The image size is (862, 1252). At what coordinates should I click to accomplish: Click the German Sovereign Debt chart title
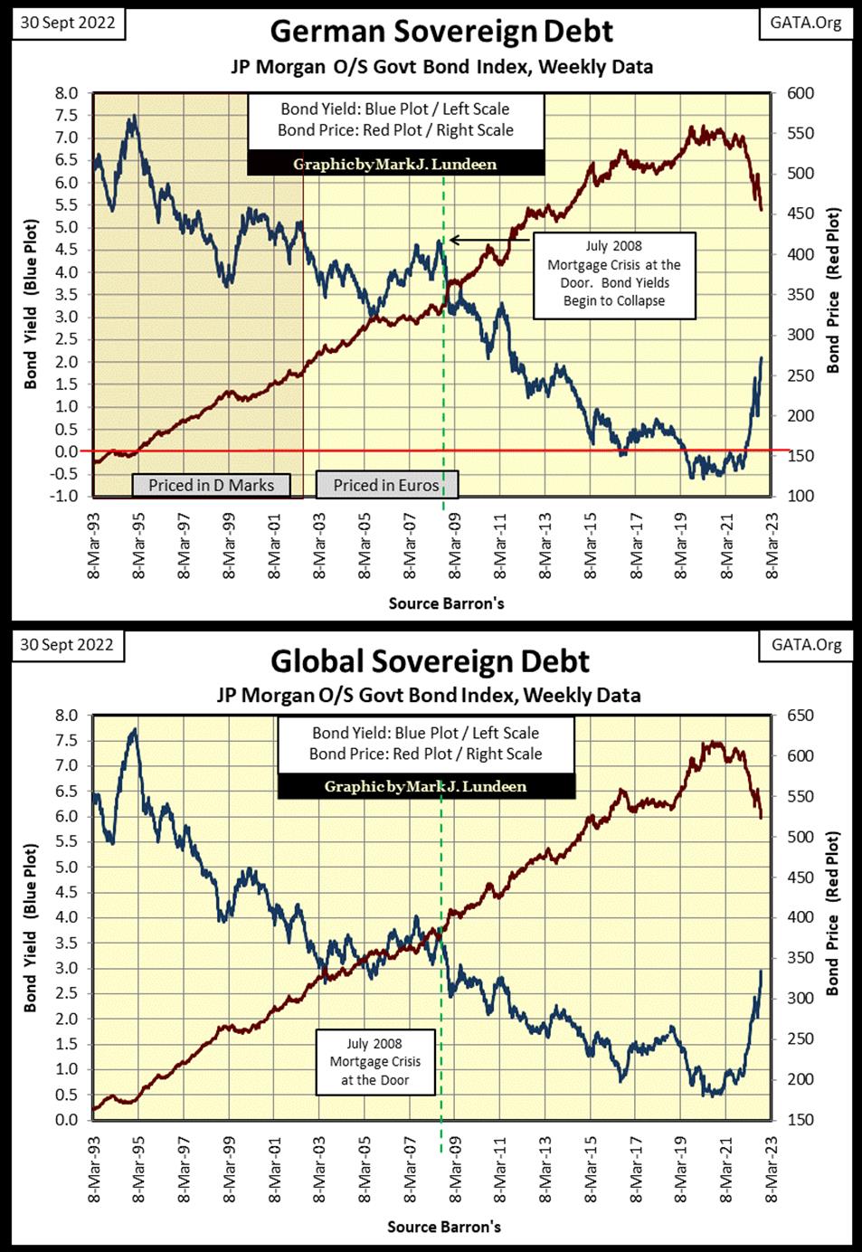tap(441, 32)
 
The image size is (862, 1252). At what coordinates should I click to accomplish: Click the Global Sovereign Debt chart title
tap(430, 661)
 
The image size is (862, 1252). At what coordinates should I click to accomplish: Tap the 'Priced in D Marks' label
tap(211, 485)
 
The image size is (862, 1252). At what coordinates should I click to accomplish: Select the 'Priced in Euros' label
tap(386, 485)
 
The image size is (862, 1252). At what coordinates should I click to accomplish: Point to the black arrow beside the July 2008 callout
tap(489, 240)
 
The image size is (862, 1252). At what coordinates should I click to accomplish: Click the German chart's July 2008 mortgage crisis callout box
tap(614, 274)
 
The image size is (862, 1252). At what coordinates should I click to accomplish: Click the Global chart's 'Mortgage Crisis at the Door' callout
tap(374, 1061)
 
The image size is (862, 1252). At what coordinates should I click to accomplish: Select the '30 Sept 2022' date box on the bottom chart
tap(67, 644)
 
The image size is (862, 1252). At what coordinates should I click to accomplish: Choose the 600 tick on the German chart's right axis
tap(800, 93)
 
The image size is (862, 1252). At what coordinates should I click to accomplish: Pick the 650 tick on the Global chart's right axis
tap(800, 716)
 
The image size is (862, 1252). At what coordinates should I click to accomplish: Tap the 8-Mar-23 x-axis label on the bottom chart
tap(772, 1167)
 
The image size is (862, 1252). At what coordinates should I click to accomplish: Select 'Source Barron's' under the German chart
tap(446, 602)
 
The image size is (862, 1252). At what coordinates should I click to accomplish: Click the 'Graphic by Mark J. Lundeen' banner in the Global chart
tap(425, 786)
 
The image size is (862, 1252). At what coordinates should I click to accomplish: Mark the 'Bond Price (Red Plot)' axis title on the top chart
tap(833, 289)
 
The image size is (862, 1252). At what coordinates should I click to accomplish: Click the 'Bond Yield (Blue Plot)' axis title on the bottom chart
tap(31, 927)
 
